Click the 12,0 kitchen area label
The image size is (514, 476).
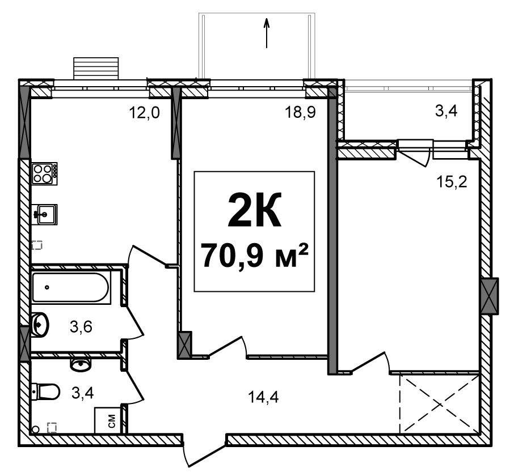click(x=144, y=113)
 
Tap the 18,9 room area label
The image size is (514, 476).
click(x=300, y=113)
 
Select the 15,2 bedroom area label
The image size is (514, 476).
click(x=452, y=182)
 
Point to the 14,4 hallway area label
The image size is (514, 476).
click(x=263, y=397)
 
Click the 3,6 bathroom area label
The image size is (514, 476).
click(x=81, y=326)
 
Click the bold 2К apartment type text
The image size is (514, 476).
click(x=254, y=210)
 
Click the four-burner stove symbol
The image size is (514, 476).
click(x=45, y=173)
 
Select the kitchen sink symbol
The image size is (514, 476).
click(x=45, y=214)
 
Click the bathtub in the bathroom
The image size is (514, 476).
click(x=70, y=287)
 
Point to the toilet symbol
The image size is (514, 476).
click(x=46, y=391)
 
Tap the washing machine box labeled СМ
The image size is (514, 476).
click(x=107, y=420)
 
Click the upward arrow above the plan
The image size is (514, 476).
click(x=267, y=33)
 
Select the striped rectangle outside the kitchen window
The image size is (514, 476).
click(x=96, y=69)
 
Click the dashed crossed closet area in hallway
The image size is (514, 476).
click(x=439, y=404)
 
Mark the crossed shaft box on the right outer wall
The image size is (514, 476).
click(x=490, y=296)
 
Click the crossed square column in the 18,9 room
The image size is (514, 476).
click(x=184, y=345)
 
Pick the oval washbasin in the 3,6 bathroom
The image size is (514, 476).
click(x=40, y=325)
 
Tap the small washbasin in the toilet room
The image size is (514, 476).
click(x=81, y=364)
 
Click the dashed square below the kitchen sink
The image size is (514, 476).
click(x=37, y=245)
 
